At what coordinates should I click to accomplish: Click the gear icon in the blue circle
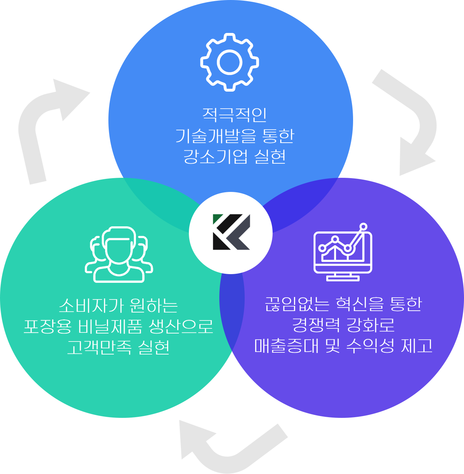(x=229, y=62)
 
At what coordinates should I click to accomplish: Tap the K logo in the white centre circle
(x=231, y=232)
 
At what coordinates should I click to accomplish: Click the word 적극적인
(x=234, y=114)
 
